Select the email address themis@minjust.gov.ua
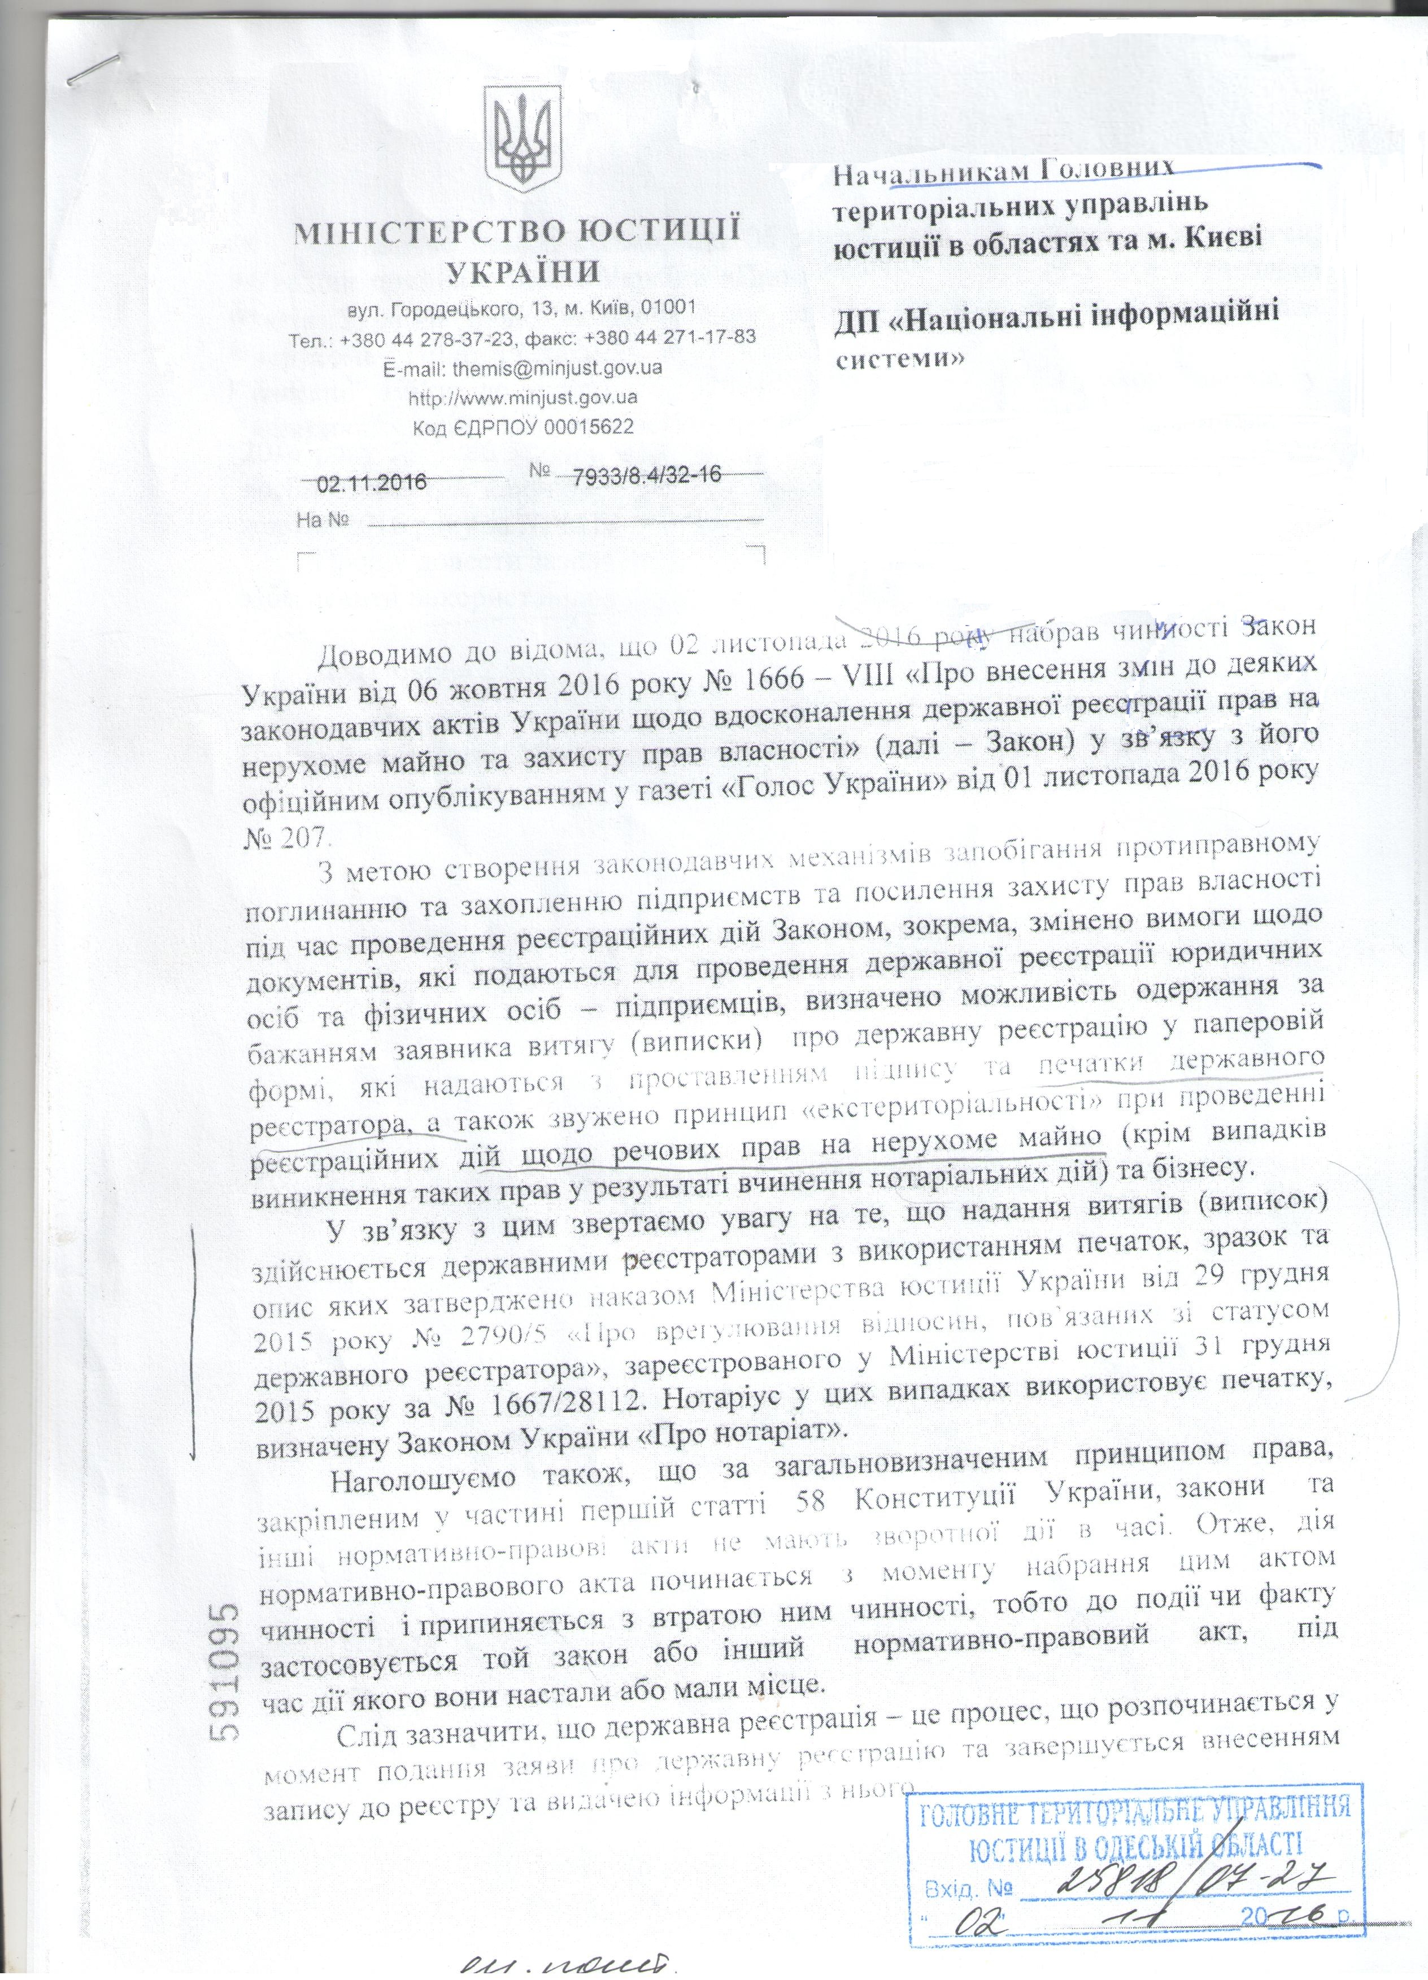point(556,368)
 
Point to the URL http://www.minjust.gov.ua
point(523,397)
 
